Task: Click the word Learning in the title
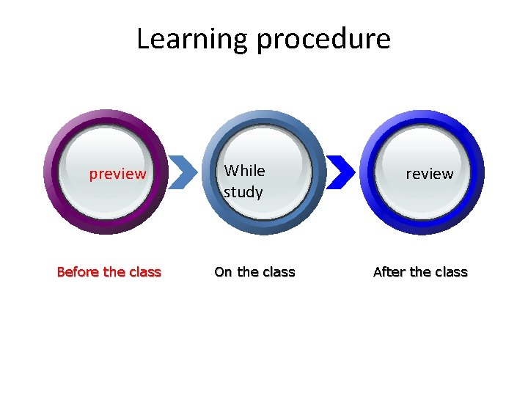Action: coord(192,39)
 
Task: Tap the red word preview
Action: coord(117,175)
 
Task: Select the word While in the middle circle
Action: coord(244,171)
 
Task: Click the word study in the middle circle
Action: coord(243,193)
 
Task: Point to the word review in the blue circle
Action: coord(429,174)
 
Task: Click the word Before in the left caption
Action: coord(78,272)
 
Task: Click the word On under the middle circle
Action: coord(223,272)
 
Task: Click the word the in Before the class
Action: coord(114,272)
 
